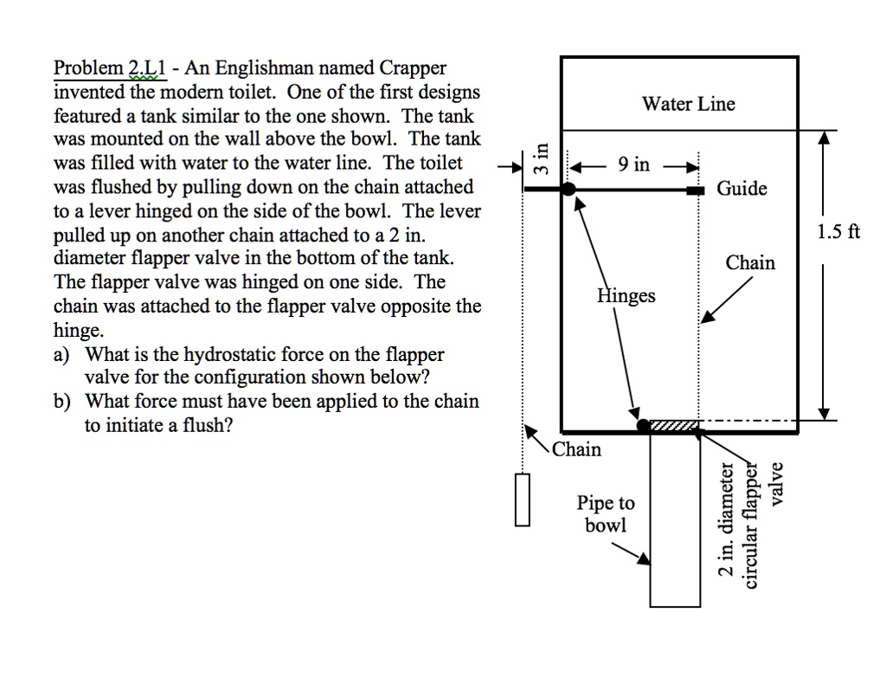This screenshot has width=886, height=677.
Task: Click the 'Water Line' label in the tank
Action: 688,105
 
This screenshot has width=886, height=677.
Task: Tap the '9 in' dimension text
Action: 633,164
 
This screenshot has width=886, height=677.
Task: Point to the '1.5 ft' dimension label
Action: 838,232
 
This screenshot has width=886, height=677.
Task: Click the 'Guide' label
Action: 742,189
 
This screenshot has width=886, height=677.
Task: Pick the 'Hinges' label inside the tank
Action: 626,296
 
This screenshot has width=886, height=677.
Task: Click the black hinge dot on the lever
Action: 569,189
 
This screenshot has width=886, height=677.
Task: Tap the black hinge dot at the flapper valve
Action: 643,426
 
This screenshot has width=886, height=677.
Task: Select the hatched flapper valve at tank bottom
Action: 674,426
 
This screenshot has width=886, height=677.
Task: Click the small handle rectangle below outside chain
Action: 522,500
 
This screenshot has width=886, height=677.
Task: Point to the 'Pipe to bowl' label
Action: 606,514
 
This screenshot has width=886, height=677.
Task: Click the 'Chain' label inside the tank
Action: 750,263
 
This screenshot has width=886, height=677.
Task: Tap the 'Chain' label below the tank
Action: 576,449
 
